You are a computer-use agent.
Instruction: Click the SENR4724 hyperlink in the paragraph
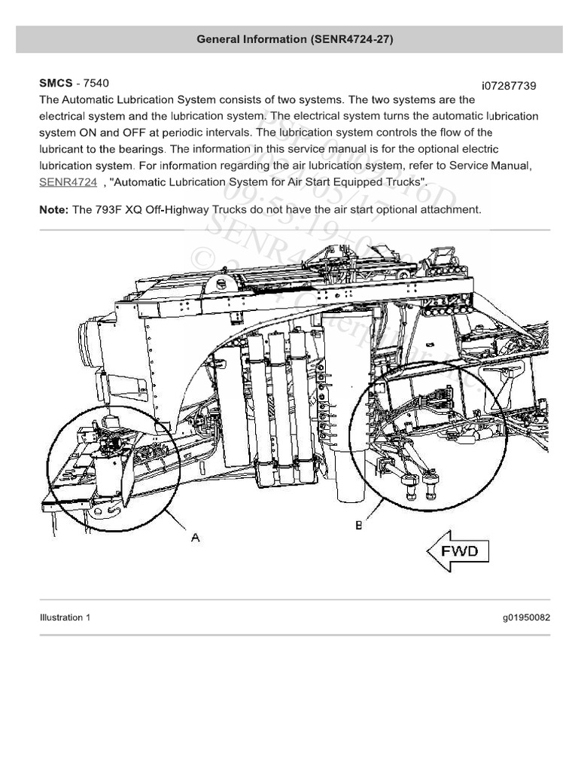click(68, 182)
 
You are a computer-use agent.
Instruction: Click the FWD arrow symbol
click(458, 552)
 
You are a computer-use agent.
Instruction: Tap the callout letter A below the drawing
click(195, 537)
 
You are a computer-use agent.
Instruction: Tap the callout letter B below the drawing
click(359, 523)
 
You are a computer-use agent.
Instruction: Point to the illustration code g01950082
click(527, 618)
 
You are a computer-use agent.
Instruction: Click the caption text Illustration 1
click(65, 618)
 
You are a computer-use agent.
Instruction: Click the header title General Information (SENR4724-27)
click(289, 39)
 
